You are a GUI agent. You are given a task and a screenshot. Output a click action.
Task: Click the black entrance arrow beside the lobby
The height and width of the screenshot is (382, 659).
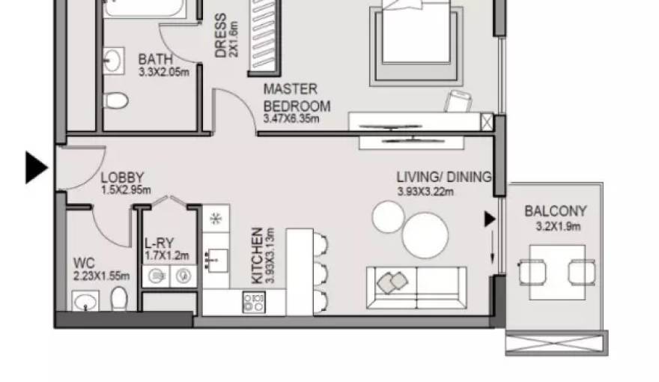tap(36, 167)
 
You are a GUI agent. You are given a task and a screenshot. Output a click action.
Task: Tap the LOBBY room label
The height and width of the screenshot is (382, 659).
tap(122, 178)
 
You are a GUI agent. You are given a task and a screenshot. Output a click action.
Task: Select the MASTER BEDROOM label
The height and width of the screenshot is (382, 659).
tap(296, 98)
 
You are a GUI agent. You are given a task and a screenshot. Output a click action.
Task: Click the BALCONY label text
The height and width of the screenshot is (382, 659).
tap(555, 212)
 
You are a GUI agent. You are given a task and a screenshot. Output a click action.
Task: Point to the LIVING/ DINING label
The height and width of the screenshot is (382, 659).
tap(443, 178)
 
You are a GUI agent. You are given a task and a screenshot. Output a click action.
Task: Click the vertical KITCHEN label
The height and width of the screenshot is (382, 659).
tap(257, 255)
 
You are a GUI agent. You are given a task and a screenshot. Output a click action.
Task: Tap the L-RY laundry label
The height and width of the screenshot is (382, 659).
tap(160, 243)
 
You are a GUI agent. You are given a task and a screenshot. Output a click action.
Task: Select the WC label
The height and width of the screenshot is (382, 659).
tap(84, 263)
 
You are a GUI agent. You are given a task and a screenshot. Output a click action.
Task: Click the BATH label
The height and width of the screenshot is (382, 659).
tap(155, 59)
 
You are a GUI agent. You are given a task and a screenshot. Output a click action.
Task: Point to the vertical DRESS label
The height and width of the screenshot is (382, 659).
tap(221, 35)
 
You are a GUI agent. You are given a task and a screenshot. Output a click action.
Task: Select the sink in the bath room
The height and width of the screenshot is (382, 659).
tap(114, 61)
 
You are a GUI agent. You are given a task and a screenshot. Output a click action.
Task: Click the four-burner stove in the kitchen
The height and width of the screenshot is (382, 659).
tap(253, 302)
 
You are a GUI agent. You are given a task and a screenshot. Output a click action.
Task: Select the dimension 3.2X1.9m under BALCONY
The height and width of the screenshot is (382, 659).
tap(558, 226)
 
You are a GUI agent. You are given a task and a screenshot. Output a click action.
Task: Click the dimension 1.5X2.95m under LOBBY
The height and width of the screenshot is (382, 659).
tap(126, 190)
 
